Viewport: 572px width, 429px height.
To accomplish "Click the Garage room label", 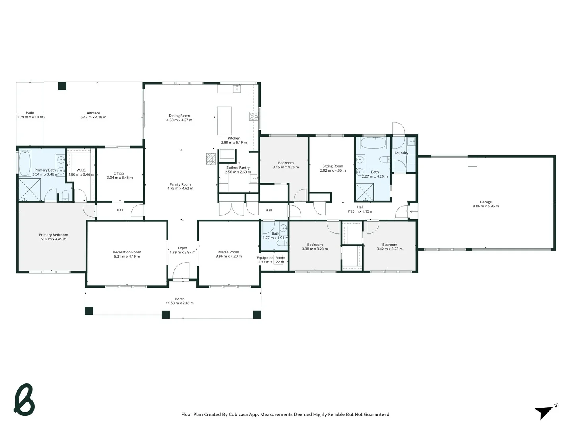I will coord(485,202).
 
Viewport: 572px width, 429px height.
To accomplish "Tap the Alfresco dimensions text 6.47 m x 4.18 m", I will coord(93,118).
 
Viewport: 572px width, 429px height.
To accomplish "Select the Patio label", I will coord(30,113).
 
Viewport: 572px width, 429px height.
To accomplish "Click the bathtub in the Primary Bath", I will coord(25,163).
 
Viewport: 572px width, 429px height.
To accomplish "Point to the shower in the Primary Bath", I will coord(29,190).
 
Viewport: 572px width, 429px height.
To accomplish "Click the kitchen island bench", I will coord(224,121).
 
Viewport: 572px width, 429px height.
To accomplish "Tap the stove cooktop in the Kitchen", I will coord(253,116).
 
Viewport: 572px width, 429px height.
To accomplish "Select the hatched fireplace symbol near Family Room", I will coord(211,159).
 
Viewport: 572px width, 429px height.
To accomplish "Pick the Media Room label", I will coord(229,252).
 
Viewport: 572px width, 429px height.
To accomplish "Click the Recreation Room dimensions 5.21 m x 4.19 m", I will coord(127,257).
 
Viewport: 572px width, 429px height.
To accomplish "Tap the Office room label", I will coord(118,174).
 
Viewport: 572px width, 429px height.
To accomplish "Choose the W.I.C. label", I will coord(81,170).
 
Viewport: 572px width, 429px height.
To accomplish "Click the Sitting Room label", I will coord(332,166).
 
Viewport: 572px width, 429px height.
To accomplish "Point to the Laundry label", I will coord(401,153).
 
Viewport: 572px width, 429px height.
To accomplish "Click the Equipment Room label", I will coord(271,258).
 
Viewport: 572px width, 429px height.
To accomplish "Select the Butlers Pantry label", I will coord(238,168).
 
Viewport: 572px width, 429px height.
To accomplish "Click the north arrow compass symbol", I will coord(545,412).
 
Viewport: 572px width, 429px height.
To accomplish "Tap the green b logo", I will coord(24,400).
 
